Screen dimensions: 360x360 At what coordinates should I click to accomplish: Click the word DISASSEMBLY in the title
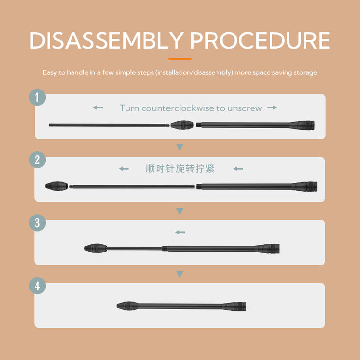point(107,40)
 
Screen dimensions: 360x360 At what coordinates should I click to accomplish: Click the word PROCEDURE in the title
point(260,40)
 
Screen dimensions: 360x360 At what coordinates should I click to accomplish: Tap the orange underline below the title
point(180,59)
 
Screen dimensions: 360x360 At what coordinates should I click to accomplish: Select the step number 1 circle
point(37,97)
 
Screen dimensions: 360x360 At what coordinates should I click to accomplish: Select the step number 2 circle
point(37,160)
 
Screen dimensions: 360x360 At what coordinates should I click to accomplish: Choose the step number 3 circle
point(37,223)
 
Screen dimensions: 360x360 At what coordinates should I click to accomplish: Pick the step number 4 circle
point(37,286)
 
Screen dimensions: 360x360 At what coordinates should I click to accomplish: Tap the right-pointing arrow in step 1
point(272,108)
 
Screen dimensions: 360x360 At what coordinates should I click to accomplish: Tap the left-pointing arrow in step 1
point(98,108)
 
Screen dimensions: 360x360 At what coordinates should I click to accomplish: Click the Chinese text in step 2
point(180,169)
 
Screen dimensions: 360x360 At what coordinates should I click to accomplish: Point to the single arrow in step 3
point(180,232)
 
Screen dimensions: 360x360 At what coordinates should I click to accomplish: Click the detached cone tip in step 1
point(182,125)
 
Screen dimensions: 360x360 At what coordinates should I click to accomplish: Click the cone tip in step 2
point(56,186)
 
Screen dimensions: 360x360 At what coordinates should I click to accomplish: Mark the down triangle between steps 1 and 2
point(180,147)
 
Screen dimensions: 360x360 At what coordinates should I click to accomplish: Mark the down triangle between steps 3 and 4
point(180,274)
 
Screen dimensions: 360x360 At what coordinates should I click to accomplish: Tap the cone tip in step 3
point(95,249)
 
